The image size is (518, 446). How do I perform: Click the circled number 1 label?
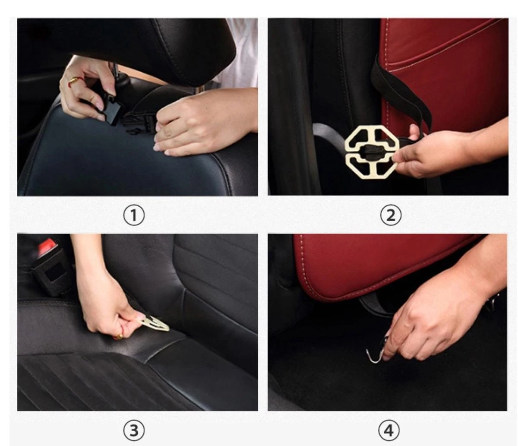pyautogui.click(x=134, y=215)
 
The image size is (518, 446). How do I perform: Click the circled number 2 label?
pyautogui.click(x=391, y=215)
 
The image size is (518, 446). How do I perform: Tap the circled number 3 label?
pyautogui.click(x=134, y=430)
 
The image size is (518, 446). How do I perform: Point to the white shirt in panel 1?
pyautogui.click(x=242, y=52)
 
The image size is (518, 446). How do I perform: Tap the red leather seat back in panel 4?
pyautogui.click(x=380, y=263)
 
